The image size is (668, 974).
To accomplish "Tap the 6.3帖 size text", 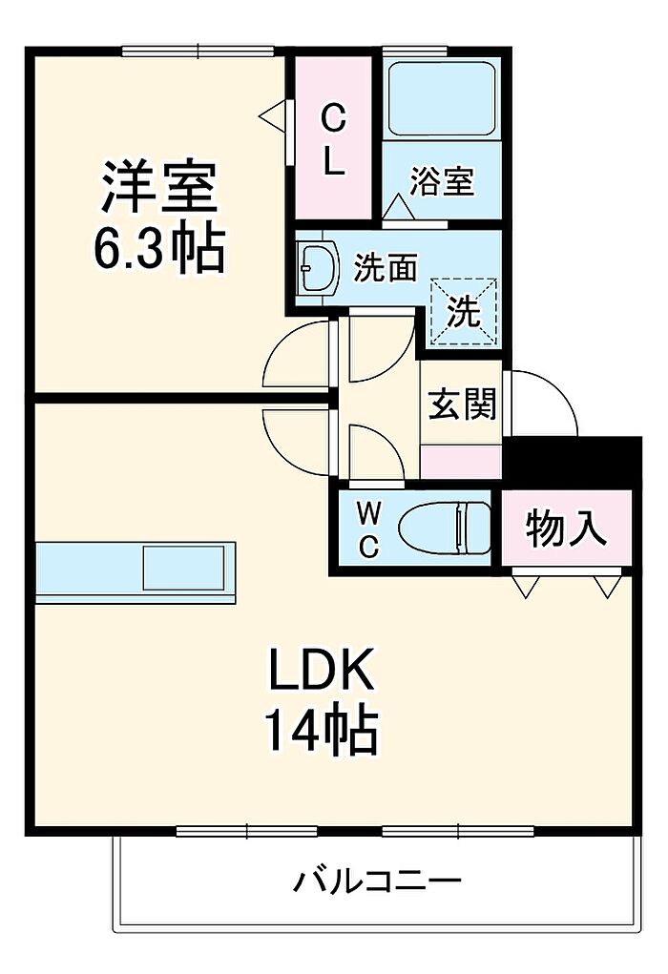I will pos(158,250).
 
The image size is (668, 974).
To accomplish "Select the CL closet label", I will pos(332,140).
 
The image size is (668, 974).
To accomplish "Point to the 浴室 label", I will pos(442,181).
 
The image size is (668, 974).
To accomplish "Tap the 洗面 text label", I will pos(386,268).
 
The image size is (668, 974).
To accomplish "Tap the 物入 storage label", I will pos(567,528).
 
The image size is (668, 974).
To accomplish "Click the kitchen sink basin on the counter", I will pos(184,568).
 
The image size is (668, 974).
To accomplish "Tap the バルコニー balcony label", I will pos(377,880).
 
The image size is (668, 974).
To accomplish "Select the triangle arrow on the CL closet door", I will pos(273,117).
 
